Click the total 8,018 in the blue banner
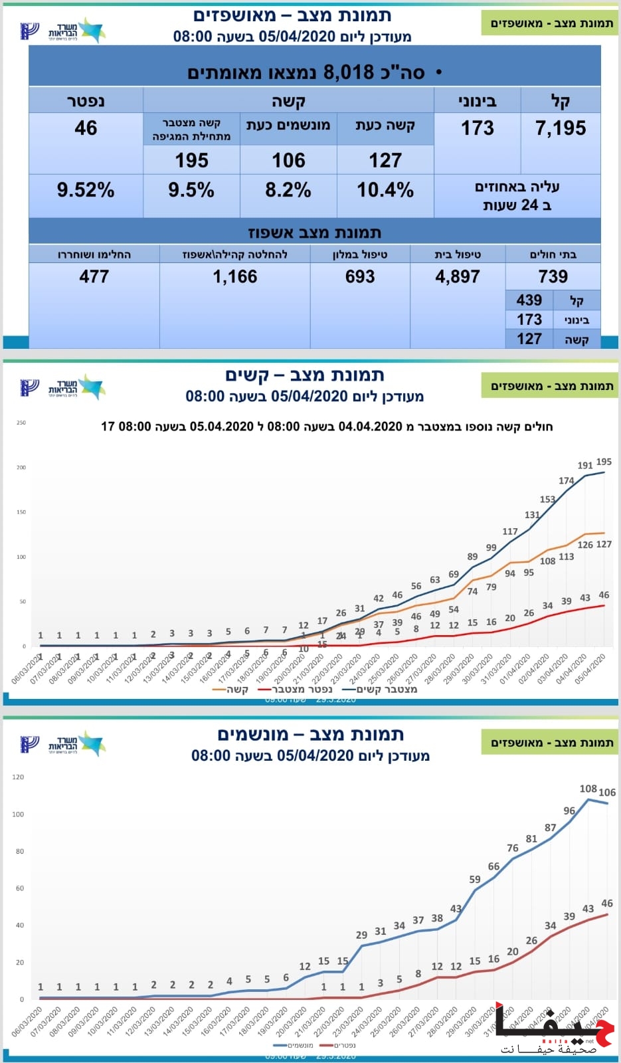(x=348, y=72)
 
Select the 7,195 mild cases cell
(x=561, y=128)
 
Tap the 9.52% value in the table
(x=86, y=191)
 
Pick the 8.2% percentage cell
(x=288, y=191)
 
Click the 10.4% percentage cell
(x=385, y=191)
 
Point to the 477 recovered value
(x=94, y=276)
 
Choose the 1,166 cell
(x=235, y=276)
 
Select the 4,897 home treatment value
(x=458, y=276)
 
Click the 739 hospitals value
(x=553, y=276)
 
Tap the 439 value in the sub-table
(x=529, y=300)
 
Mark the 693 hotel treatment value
(x=360, y=276)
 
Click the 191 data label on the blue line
(x=585, y=465)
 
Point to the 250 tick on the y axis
(x=21, y=423)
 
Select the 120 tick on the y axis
(x=18, y=777)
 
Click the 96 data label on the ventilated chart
(x=569, y=811)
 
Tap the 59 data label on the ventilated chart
(x=475, y=879)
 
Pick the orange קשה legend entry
(x=230, y=690)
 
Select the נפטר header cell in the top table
(x=86, y=101)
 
